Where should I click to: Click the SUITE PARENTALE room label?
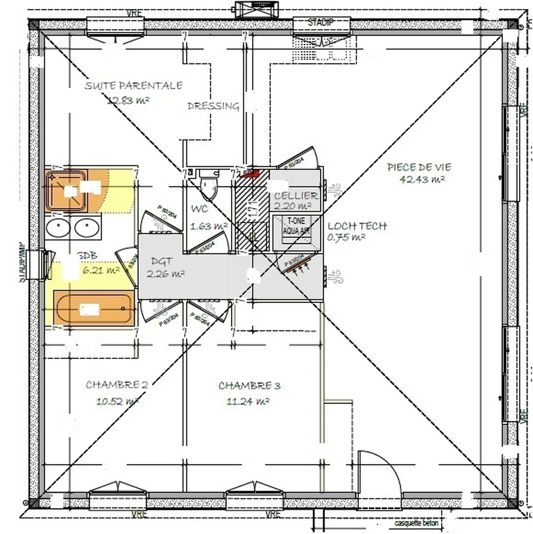134,86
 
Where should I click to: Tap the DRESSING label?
213,106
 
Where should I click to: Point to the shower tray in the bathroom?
66,191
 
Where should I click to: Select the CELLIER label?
296,196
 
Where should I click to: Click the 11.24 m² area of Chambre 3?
248,402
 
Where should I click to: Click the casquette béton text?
416,523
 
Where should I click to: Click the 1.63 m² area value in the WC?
209,226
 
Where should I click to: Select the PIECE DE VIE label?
419,167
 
